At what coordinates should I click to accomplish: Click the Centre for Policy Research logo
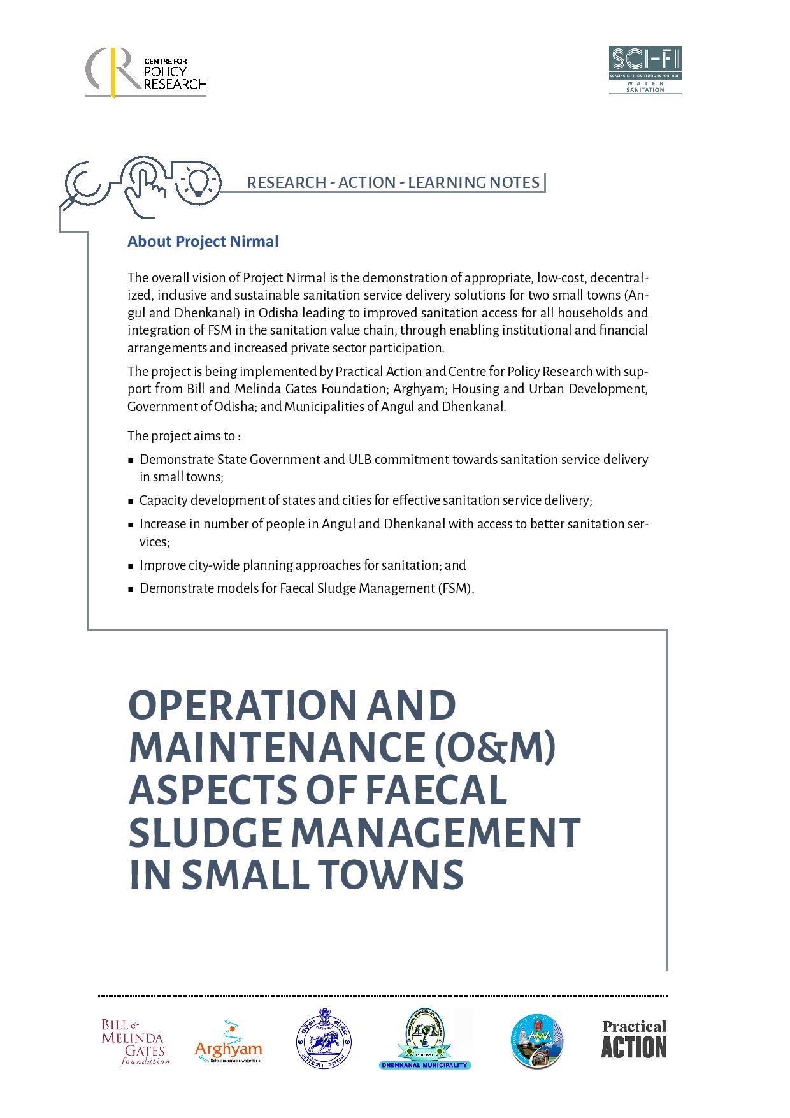point(147,72)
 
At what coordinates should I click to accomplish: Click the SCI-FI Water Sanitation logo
point(645,69)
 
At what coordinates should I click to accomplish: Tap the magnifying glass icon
point(82,184)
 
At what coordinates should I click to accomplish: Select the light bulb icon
point(199,181)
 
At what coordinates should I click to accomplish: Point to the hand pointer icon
point(144,185)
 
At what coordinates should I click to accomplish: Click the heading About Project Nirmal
point(203,242)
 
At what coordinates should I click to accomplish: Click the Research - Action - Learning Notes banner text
point(392,182)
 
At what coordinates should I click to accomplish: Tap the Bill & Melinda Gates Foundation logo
point(135,1042)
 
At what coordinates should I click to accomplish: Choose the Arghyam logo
point(228,1042)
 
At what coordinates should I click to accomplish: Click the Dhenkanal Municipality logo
point(424,1040)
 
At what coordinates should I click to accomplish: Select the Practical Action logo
point(633,1040)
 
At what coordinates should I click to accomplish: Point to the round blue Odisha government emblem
point(324,1040)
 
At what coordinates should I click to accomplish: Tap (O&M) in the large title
point(494,748)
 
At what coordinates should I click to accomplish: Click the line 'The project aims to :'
point(183,436)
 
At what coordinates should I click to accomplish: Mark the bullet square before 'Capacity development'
point(131,501)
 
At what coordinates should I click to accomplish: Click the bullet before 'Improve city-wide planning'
point(131,566)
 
